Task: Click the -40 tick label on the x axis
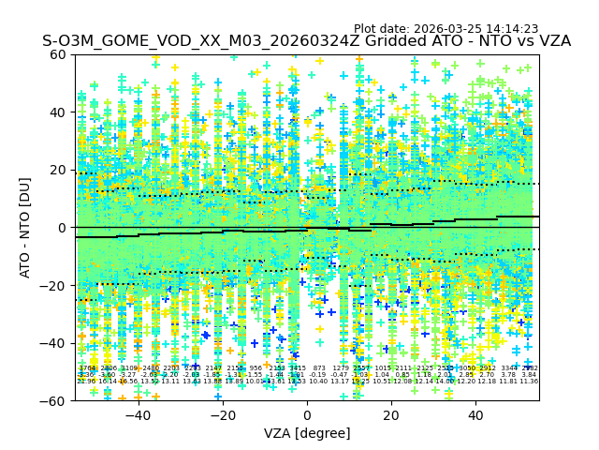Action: point(137,415)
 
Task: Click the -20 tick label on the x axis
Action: point(222,415)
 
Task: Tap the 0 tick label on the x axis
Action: point(307,415)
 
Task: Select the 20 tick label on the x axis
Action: point(391,415)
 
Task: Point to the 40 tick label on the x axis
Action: point(475,415)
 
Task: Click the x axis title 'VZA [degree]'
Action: point(307,433)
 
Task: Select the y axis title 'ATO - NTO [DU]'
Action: point(26,228)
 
